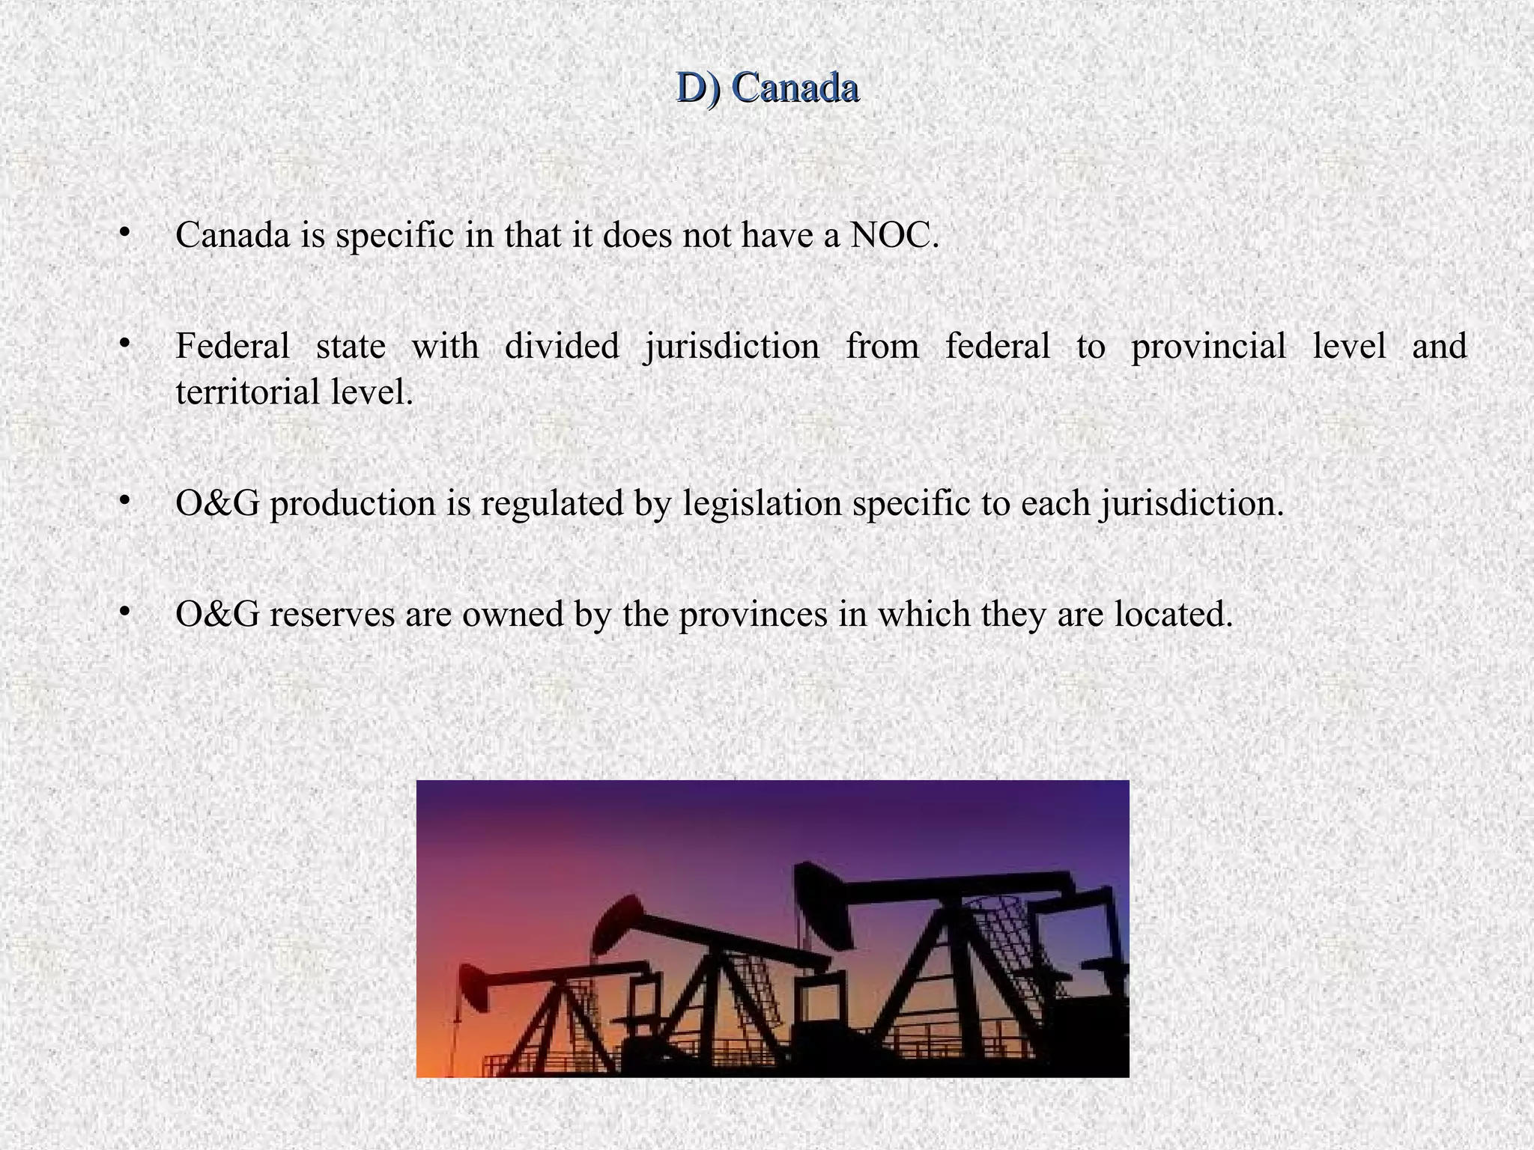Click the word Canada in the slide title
[x=795, y=88]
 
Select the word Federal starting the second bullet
[x=232, y=347]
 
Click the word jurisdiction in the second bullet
[x=732, y=347]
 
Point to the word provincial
[x=1208, y=347]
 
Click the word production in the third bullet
[x=352, y=504]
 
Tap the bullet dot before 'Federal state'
[x=124, y=344]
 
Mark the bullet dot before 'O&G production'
[x=124, y=500]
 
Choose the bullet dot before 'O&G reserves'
[x=124, y=612]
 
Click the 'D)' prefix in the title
[x=698, y=88]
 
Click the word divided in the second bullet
[x=562, y=347]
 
